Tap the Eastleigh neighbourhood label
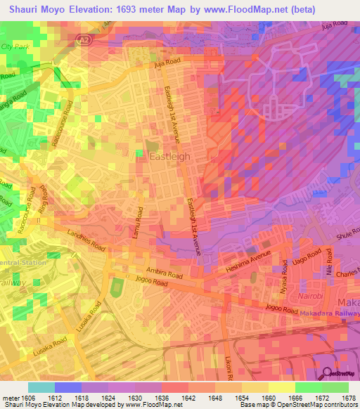coord(168,157)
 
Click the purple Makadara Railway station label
coord(332,313)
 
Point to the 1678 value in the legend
coord(347,398)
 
